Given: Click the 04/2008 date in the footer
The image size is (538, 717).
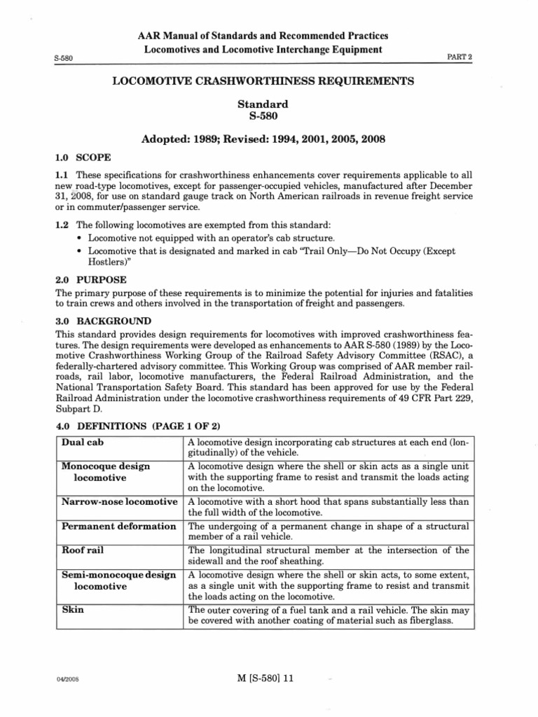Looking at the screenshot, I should click(67, 689).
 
